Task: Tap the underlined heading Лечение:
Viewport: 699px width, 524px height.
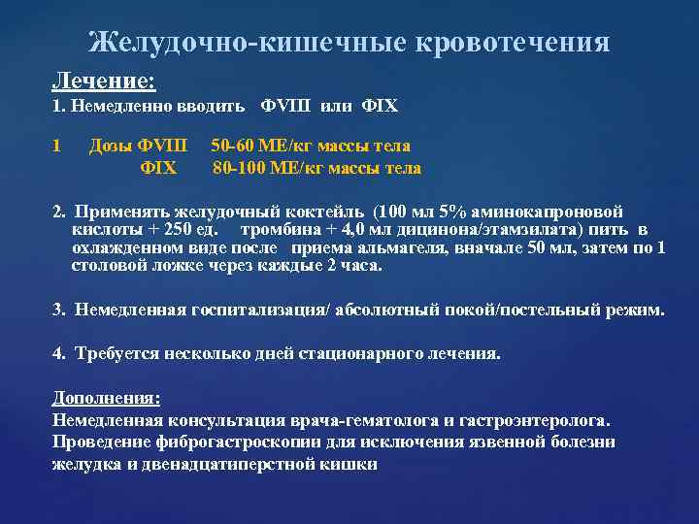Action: (95, 78)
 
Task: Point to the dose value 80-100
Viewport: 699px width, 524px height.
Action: (238, 168)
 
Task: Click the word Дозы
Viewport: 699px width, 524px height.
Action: (111, 147)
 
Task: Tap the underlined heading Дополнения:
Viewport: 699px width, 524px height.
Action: (106, 399)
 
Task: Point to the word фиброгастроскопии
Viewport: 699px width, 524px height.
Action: (224, 442)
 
